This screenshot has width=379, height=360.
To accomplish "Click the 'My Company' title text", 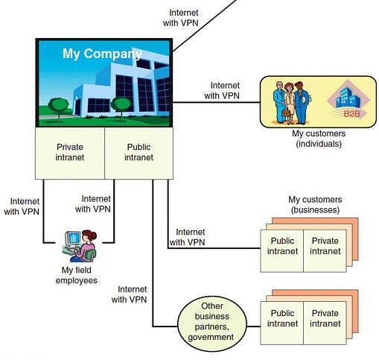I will point(103,54).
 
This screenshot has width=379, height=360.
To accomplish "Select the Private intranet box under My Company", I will point(70,152).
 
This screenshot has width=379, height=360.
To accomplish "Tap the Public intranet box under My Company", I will point(138,152).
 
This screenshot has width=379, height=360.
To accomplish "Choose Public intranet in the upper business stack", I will point(281,247).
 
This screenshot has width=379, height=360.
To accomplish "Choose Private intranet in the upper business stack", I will point(324,247).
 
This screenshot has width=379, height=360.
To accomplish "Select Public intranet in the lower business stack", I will point(281,319).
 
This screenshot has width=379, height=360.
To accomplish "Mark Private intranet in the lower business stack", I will point(324,319).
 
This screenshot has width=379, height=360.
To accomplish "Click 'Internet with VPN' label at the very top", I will point(184,19).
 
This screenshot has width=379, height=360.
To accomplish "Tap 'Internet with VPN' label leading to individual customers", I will point(224,90).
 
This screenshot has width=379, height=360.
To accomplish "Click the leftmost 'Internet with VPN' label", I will point(25,206).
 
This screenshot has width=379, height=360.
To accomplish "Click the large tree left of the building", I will point(59,100).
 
